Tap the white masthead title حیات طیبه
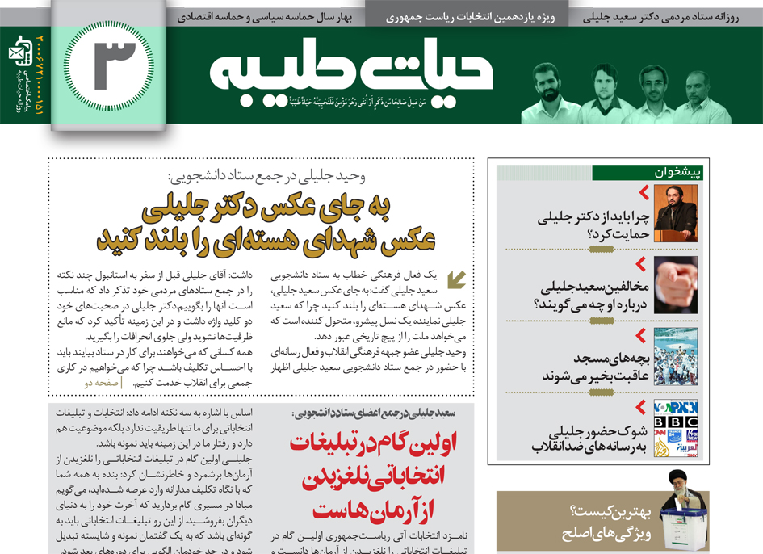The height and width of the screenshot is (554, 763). pos(352,73)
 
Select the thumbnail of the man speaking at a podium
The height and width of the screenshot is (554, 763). pos(675,213)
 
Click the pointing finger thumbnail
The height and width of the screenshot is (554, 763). pos(675,285)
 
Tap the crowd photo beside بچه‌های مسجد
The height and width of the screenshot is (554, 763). pos(675,356)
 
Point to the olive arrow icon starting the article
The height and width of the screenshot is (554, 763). pos(456,279)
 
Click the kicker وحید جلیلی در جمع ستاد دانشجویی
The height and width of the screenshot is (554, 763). pos(264,177)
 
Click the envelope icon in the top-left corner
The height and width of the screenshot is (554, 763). pos(17,54)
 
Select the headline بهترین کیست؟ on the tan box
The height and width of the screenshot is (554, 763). pos(605,510)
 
